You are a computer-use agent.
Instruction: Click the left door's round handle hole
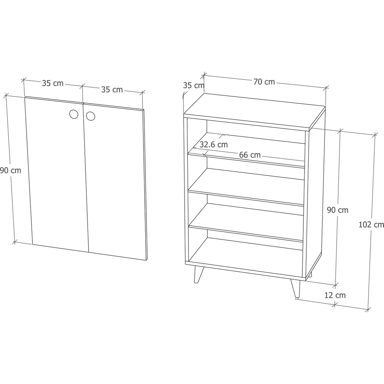(x=74, y=114)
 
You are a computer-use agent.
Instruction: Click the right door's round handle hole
(x=91, y=116)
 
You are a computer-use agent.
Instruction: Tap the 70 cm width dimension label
(x=264, y=82)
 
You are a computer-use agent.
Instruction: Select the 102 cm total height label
(x=371, y=225)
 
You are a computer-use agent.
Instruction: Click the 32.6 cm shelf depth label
(x=214, y=145)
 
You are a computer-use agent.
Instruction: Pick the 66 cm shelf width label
(x=250, y=155)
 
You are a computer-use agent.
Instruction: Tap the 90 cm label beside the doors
(x=10, y=171)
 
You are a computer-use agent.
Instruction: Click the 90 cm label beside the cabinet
(x=338, y=210)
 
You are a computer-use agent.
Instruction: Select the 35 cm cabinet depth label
(x=194, y=85)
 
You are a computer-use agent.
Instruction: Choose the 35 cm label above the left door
(x=52, y=83)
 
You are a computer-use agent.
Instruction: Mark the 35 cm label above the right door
(x=112, y=90)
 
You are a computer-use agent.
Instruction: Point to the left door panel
(x=57, y=175)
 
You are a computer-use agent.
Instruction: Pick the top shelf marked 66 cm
(x=247, y=150)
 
